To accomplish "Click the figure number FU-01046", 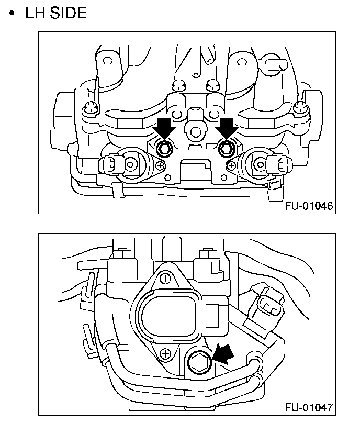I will (309, 206).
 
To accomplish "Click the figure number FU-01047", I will (309, 407).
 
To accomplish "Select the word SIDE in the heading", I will (67, 13).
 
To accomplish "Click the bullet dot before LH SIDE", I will (12, 14).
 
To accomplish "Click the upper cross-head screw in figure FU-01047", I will (165, 279).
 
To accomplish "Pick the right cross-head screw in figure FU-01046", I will (231, 165).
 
